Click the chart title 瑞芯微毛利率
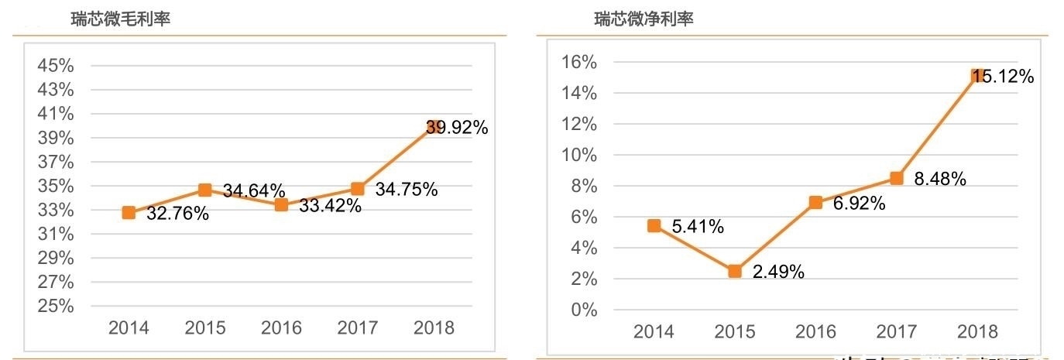pos(120,19)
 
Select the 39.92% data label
pos(457,128)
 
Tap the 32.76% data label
pos(177,214)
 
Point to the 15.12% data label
pos(1004,77)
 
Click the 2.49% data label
pos(778,272)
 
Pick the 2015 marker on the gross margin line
pos(204,190)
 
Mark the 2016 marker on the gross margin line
pos(281,204)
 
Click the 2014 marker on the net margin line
pos(654,225)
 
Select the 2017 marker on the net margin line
pos(896,178)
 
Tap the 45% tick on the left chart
pos(56,66)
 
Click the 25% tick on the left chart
pos(56,307)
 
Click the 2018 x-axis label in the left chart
pos(434,327)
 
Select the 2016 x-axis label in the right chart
pos(815,332)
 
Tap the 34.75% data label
pos(407,190)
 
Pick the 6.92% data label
pos(858,204)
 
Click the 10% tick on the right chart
pos(578,155)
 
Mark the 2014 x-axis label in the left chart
pos(129,327)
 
